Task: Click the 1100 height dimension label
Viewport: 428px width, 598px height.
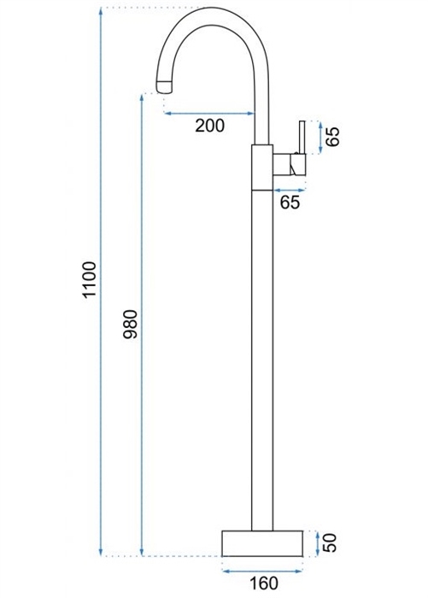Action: point(90,279)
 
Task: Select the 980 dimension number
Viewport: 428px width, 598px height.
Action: point(131,325)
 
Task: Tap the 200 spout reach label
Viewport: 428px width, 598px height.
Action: point(210,126)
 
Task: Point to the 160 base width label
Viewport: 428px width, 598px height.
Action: point(264,583)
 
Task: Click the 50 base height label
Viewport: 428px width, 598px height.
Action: point(331,542)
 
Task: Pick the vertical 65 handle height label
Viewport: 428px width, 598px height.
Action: point(332,137)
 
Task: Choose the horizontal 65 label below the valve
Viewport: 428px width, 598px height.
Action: point(290,202)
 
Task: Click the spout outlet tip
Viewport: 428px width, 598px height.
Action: point(164,87)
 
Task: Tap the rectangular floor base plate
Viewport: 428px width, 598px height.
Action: point(262,543)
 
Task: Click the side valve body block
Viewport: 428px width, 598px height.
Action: point(289,165)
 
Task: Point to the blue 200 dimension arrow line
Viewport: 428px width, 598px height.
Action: point(209,113)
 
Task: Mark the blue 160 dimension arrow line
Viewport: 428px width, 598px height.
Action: point(262,571)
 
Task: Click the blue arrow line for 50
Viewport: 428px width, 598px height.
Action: point(318,543)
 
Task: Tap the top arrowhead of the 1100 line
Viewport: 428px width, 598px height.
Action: point(101,11)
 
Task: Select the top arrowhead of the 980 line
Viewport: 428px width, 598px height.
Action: point(142,97)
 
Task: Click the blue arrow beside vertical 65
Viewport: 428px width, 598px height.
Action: point(320,138)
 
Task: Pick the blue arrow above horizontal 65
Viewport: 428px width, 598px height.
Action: point(290,190)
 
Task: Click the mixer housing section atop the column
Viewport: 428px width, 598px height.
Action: point(262,167)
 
